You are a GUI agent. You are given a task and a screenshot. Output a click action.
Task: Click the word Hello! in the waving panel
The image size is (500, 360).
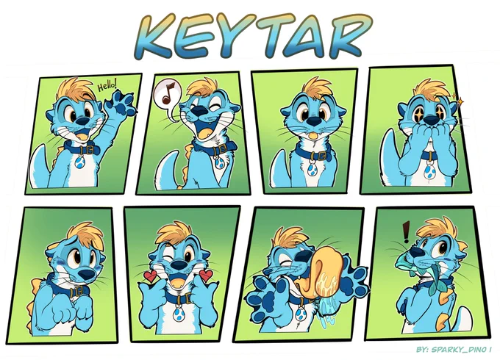[x=107, y=85]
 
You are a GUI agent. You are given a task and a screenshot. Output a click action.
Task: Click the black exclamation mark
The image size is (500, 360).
[x=406, y=232]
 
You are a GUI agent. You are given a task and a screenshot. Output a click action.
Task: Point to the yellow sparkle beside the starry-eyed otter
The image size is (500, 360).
[x=458, y=101]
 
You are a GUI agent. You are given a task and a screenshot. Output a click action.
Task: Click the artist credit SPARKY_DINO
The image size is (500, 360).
[x=459, y=350]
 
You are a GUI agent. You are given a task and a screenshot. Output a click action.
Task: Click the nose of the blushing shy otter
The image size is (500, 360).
[x=87, y=273]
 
